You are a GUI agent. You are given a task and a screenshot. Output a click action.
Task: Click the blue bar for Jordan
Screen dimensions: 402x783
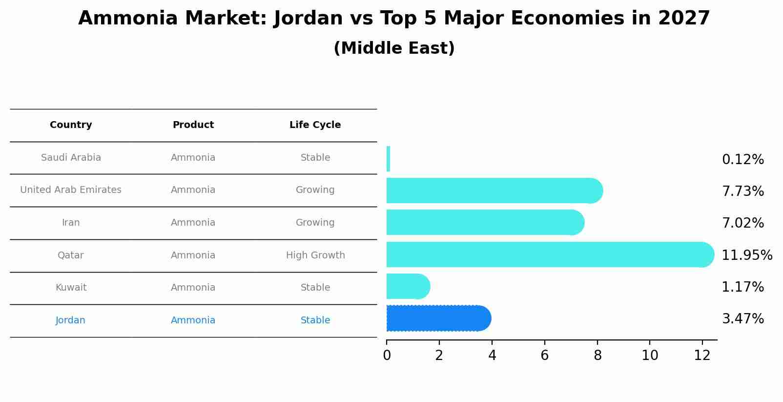[x=437, y=318]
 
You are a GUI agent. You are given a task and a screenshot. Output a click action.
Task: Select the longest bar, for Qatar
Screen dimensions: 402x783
[x=547, y=254]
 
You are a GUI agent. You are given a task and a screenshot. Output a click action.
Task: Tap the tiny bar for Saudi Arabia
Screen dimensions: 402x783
[x=388, y=159]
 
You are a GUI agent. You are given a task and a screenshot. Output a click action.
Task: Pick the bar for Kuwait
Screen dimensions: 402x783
[x=406, y=286]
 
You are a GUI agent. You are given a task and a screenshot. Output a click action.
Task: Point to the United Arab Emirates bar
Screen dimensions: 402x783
[x=493, y=190]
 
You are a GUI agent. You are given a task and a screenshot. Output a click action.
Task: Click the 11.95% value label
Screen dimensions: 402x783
[x=746, y=255]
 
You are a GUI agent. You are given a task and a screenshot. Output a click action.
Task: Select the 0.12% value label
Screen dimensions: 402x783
[x=742, y=160]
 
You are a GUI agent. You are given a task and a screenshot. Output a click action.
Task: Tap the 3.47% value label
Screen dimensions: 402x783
[x=742, y=319]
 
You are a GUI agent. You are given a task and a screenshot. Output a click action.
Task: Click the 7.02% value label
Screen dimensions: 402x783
[x=742, y=223]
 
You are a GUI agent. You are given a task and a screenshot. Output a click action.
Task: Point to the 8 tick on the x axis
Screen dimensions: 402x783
[x=598, y=355]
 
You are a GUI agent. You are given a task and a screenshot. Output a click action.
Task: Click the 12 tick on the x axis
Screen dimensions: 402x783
[x=702, y=355]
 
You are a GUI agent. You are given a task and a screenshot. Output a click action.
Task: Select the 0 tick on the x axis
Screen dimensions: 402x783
[x=387, y=355]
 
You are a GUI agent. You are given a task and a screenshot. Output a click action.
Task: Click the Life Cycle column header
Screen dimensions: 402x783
[x=315, y=125]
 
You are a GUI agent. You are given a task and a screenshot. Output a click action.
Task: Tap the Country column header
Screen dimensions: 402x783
[x=71, y=125]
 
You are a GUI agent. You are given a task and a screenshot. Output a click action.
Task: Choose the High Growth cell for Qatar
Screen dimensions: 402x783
[x=315, y=255]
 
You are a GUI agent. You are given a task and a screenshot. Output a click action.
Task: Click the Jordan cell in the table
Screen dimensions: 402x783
[x=70, y=320]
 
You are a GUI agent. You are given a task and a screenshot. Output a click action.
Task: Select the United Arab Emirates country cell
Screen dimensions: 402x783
[x=71, y=190]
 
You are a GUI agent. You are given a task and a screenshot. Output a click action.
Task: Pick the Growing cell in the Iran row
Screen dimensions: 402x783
[x=315, y=223]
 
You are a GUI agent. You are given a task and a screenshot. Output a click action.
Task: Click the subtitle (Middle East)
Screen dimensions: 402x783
[x=394, y=48]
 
